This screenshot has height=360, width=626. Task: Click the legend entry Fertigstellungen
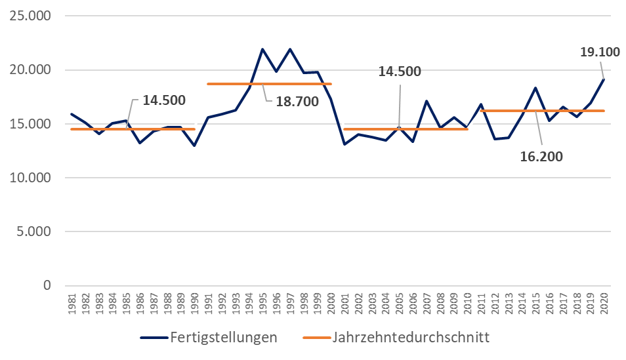(223, 338)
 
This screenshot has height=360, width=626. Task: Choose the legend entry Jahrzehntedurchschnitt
(411, 338)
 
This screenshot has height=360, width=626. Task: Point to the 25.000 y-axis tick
(31, 16)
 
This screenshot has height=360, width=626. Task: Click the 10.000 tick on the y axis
(31, 178)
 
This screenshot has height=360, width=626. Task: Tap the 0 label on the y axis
(47, 285)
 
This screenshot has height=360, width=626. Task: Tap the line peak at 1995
(262, 49)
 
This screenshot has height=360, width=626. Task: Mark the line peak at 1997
(290, 49)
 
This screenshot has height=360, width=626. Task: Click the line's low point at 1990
(194, 146)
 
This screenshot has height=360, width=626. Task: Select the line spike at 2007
(427, 101)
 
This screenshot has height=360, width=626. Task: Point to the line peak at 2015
(535, 88)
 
